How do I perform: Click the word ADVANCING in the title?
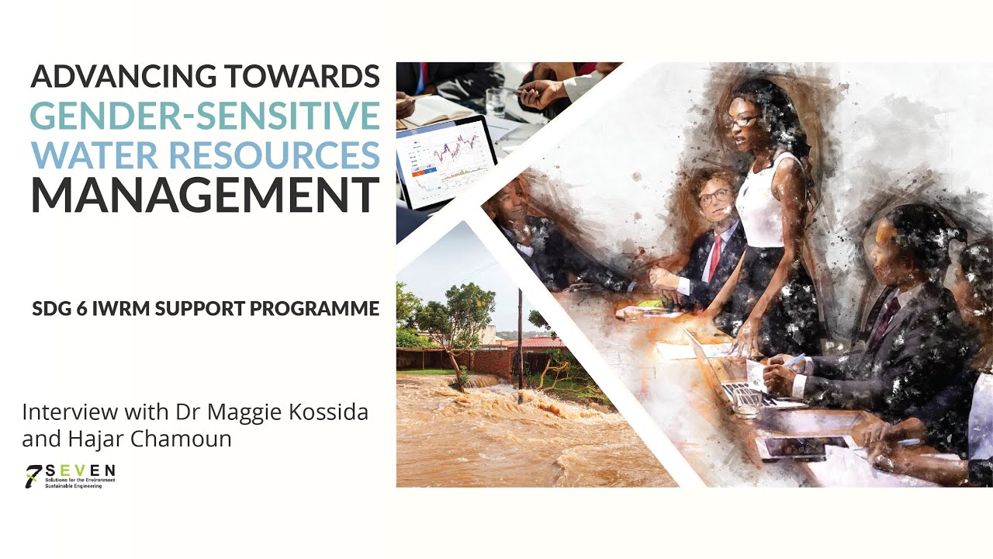(x=122, y=77)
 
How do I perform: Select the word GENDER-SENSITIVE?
(x=205, y=116)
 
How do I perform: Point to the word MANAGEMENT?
(x=205, y=195)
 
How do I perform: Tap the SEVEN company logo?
(x=71, y=475)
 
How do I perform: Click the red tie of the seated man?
(x=714, y=257)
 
